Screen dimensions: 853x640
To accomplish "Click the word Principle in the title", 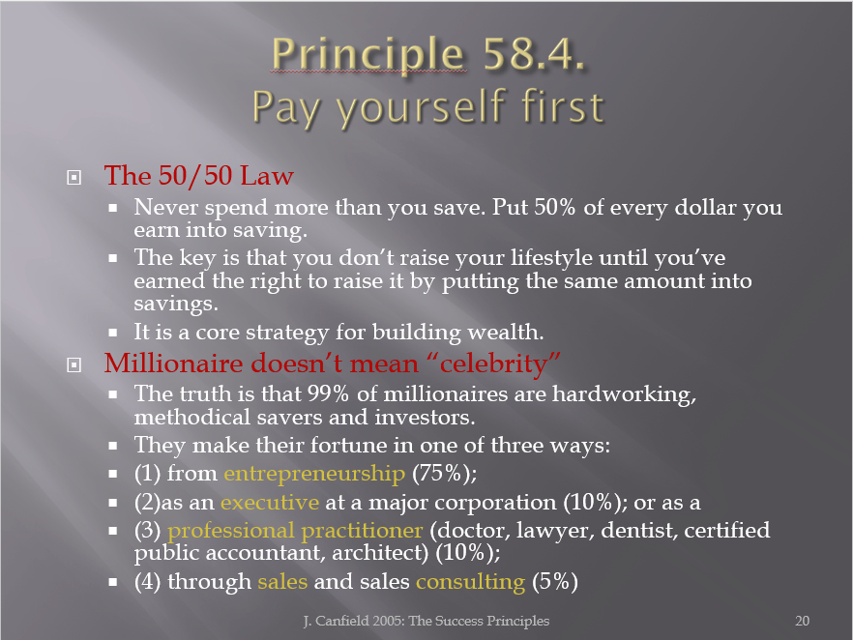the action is tap(368, 55).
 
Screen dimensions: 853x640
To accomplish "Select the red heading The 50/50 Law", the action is tap(198, 176).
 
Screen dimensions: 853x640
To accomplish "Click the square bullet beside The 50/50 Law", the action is tap(74, 177).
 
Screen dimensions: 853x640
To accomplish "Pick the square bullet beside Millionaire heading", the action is tap(74, 364).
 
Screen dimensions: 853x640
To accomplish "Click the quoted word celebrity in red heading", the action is tap(493, 364).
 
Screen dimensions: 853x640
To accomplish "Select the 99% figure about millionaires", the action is tap(328, 393).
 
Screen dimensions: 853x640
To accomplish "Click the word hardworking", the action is tap(624, 394).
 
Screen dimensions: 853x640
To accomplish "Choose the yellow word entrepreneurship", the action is tap(314, 474).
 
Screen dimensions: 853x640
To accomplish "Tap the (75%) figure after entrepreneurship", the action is tap(445, 473).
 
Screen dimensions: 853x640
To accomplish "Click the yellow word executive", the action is tap(270, 502).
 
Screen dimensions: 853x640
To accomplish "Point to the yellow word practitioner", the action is tap(362, 530).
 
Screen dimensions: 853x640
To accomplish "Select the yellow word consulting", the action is tap(471, 582).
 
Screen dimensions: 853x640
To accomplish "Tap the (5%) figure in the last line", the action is tap(555, 581).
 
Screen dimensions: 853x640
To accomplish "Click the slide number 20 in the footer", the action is tap(802, 621).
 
